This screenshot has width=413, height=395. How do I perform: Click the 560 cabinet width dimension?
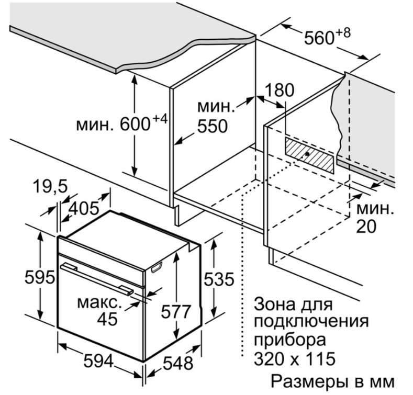[x=319, y=38]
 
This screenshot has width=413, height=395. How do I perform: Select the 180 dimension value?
[x=279, y=90]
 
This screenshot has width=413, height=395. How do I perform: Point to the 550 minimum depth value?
[x=213, y=126]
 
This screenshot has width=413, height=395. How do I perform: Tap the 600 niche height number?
[x=135, y=124]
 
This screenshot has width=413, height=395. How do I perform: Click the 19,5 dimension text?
[x=50, y=187]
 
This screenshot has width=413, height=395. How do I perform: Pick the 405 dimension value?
[x=84, y=209]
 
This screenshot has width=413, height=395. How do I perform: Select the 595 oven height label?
[x=39, y=277]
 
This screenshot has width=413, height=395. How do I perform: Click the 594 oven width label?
[x=98, y=361]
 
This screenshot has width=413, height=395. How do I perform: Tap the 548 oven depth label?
[x=178, y=364]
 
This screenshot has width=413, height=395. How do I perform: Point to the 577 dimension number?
[x=176, y=311]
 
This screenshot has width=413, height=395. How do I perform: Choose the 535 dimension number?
[x=219, y=279]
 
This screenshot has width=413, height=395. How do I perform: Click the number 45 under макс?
[x=107, y=319]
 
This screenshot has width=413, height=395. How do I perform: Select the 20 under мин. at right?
[x=366, y=226]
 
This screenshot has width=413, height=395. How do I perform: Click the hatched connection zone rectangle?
[x=309, y=155]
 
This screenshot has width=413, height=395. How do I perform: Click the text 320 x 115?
[x=295, y=358]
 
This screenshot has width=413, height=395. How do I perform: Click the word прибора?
[x=290, y=340]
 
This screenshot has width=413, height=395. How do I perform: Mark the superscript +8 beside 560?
[x=343, y=33]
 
